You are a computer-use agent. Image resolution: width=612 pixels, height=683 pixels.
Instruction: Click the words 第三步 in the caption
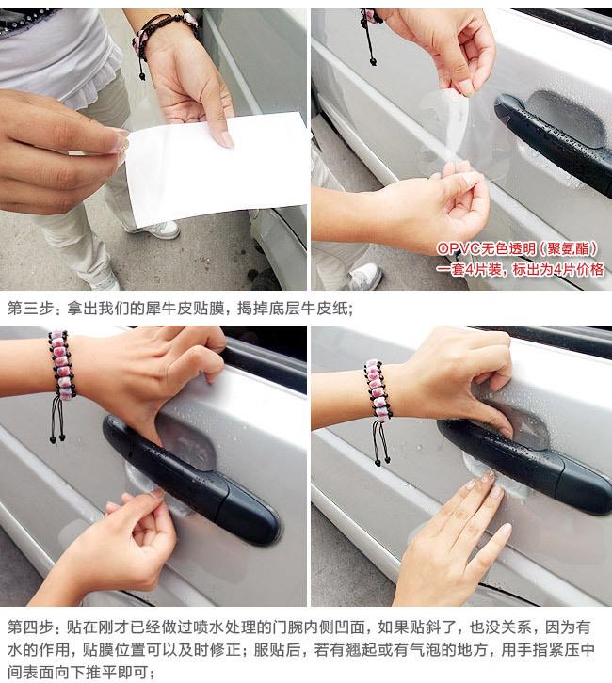tap(29, 309)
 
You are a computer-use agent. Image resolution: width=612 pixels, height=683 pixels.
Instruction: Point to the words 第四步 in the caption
tap(29, 627)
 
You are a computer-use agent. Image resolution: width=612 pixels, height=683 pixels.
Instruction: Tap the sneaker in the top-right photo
tap(365, 277)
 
